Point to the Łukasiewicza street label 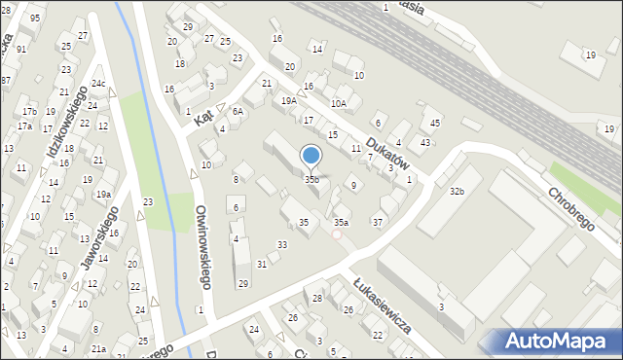(x=382, y=301)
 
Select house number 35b (x=311, y=179)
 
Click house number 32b (x=457, y=192)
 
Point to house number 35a (x=341, y=223)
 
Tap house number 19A (x=289, y=100)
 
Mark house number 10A (x=338, y=102)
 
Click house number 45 (x=435, y=123)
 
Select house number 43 (x=425, y=143)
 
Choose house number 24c (x=97, y=84)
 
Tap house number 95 (x=35, y=18)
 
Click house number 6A (x=238, y=112)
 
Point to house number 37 (x=378, y=223)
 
